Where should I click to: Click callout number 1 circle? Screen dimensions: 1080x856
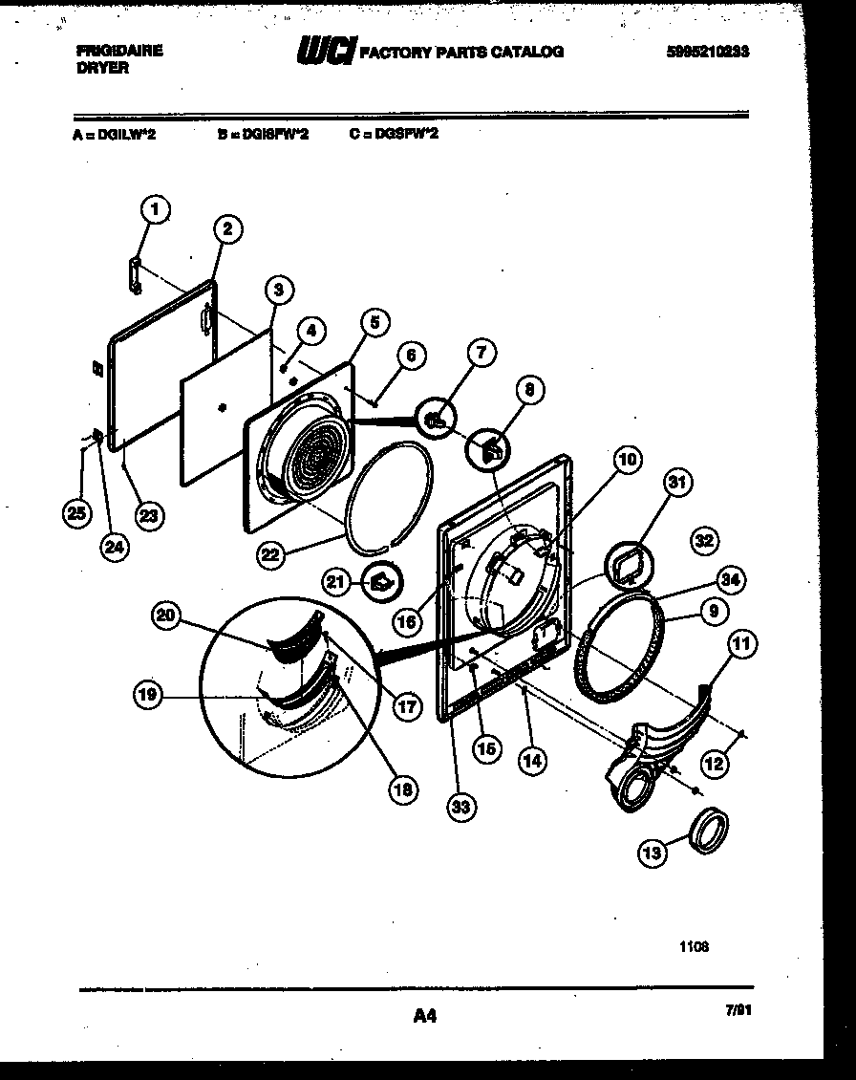[x=157, y=208]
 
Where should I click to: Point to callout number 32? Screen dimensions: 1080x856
[x=704, y=541]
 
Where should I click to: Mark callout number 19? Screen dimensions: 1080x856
[x=148, y=697]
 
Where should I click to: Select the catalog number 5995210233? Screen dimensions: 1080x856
[x=707, y=53]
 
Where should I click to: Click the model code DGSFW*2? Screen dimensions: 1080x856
[x=394, y=135]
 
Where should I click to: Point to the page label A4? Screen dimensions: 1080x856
[x=425, y=1017]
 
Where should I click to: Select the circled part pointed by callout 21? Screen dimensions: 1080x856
[x=381, y=580]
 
